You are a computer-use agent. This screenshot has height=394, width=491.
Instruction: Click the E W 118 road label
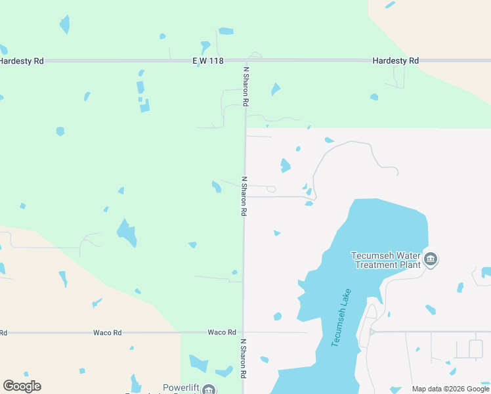click(208, 60)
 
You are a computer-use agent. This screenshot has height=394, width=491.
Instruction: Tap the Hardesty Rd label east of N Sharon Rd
click(395, 60)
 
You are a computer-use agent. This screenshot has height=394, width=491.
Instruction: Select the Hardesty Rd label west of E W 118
click(22, 60)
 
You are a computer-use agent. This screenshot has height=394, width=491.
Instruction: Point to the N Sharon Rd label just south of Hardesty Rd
click(246, 86)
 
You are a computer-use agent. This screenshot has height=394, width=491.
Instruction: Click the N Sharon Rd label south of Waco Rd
click(243, 359)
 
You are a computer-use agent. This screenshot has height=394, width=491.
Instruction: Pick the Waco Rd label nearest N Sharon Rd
click(221, 332)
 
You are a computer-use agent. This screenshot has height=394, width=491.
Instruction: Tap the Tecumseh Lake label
click(341, 318)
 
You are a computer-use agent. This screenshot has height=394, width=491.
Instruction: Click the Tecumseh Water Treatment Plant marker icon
click(431, 259)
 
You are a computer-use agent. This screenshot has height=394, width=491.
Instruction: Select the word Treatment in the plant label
click(378, 265)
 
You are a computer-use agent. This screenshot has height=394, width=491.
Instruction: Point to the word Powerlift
click(181, 388)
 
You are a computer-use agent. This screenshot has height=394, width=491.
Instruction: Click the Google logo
click(22, 386)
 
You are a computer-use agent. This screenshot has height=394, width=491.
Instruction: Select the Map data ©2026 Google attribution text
click(450, 389)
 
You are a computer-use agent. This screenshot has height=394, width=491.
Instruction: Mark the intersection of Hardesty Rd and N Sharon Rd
click(245, 60)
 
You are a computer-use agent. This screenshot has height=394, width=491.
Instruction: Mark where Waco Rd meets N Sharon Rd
click(243, 332)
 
